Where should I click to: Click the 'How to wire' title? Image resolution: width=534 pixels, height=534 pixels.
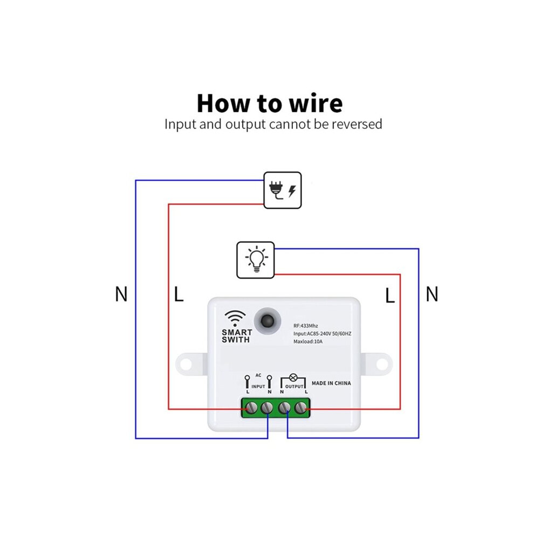click(270, 103)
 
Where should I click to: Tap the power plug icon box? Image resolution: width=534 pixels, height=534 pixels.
click(283, 190)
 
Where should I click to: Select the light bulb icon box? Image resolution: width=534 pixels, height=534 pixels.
click(256, 260)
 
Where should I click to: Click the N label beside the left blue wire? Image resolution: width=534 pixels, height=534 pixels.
click(121, 295)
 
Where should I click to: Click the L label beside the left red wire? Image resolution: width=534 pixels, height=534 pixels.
click(179, 295)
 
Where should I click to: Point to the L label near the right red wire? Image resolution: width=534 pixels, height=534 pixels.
click(390, 296)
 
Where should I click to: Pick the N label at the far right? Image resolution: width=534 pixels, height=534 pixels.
click(432, 295)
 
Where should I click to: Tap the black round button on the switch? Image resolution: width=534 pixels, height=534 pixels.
click(268, 321)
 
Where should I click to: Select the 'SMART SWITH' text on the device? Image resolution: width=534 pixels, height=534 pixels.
click(237, 336)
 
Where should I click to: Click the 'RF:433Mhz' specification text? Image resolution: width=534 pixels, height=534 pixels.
click(306, 326)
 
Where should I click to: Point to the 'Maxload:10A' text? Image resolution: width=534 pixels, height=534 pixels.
click(308, 341)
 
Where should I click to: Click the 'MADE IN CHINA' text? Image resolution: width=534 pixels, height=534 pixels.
click(331, 383)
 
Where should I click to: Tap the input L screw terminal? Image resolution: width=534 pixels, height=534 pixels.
click(251, 407)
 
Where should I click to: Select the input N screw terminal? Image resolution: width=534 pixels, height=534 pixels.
click(267, 407)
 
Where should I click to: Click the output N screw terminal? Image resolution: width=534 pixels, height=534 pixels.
click(284, 407)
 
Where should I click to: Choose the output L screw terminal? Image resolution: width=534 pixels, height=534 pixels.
click(300, 407)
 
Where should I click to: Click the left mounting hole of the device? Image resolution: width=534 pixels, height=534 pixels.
click(186, 364)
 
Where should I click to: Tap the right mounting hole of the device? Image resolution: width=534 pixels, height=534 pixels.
click(382, 364)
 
